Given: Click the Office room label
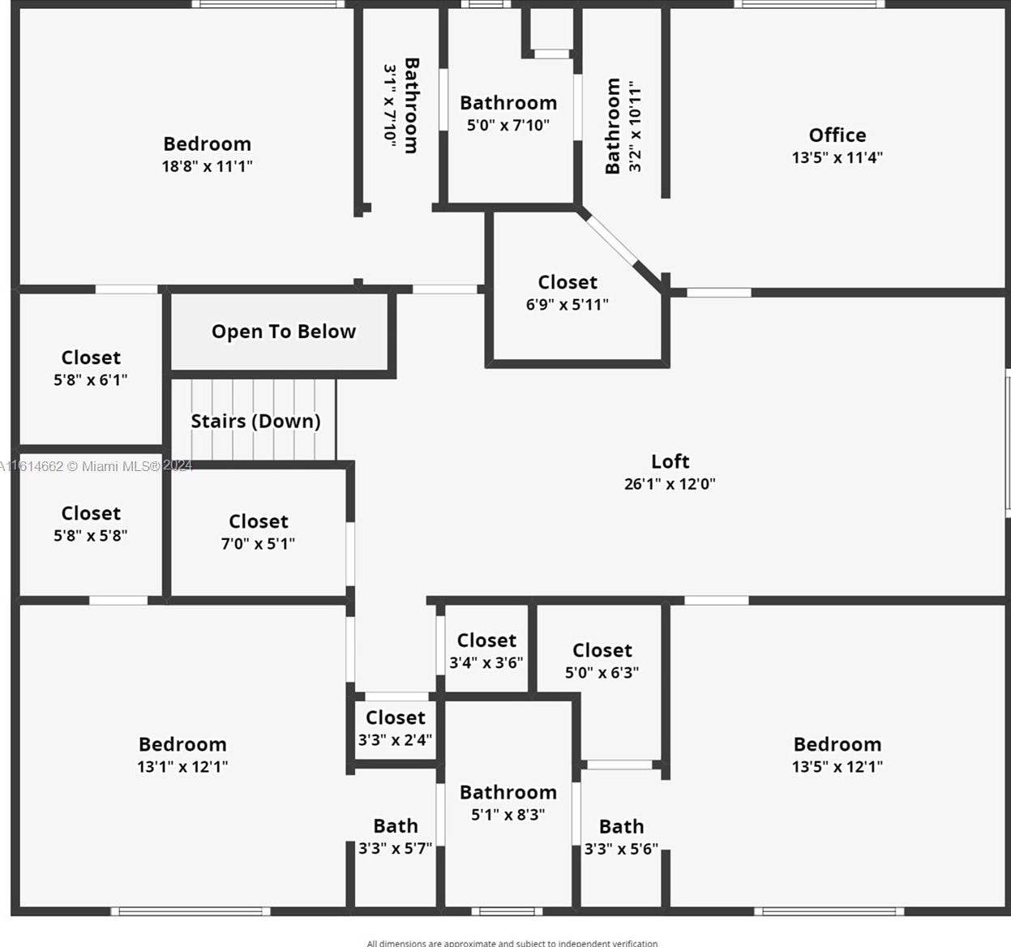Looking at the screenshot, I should [837, 135].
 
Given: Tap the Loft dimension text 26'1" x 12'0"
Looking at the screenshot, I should [670, 484].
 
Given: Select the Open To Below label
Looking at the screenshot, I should [284, 332].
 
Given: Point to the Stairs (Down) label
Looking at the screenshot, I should [255, 421].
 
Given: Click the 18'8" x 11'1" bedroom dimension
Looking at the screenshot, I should [207, 166].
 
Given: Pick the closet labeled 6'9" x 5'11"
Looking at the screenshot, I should [567, 293].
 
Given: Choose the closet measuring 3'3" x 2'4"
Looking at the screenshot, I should [395, 728].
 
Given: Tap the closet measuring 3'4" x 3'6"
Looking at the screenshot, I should [486, 651].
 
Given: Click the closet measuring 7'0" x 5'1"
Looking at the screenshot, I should [258, 532].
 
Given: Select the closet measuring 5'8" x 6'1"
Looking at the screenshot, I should [91, 368].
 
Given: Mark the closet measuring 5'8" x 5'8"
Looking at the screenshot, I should [91, 524].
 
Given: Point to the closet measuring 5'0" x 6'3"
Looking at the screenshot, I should [602, 661].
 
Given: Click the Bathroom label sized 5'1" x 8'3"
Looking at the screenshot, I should [508, 792].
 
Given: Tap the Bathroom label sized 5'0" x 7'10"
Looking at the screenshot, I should [508, 103].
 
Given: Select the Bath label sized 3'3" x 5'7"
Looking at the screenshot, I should [395, 826].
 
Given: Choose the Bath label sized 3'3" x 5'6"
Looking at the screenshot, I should [621, 827].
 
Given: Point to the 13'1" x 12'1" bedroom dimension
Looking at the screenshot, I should [182, 767].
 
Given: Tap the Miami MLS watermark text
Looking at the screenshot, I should [96, 466].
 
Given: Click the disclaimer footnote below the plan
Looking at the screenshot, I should [512, 942].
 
